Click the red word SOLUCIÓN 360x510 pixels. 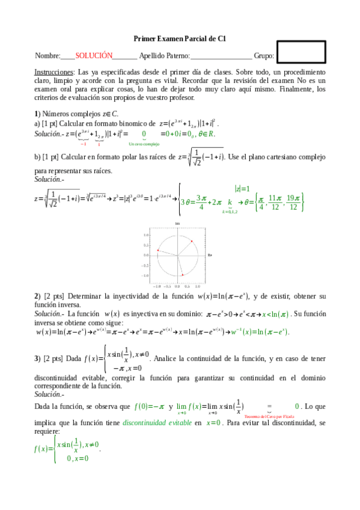[94, 55]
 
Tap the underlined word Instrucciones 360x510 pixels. [53, 72]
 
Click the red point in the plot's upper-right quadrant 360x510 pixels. [192, 242]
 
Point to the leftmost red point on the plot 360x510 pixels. [158, 250]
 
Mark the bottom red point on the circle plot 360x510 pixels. [182, 275]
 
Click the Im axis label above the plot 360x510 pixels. [177, 224]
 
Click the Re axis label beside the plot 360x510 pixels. [210, 256]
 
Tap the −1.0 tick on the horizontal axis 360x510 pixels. [157, 287]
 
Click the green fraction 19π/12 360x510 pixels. [293, 202]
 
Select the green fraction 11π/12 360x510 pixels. [275, 202]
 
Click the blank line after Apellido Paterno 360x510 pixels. [221, 57]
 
